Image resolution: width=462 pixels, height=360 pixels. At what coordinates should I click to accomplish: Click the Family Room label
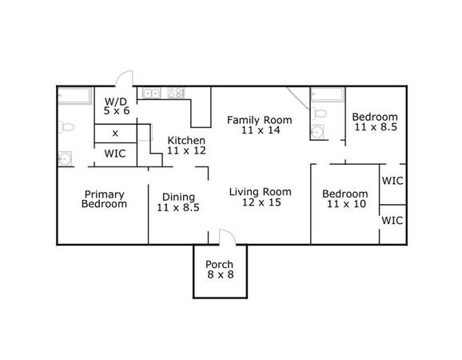pos(260,120)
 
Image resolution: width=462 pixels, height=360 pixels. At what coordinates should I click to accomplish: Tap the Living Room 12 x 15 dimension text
pos(261,202)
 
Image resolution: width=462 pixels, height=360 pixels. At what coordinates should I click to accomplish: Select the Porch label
pos(219,265)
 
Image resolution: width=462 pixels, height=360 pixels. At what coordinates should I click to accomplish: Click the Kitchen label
pos(186,140)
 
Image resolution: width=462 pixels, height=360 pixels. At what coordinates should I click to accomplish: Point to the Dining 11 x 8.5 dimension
pos(178,207)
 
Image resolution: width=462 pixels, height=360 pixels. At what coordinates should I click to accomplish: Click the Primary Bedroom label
pos(104,199)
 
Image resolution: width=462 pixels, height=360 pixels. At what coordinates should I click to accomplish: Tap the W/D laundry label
pos(116,102)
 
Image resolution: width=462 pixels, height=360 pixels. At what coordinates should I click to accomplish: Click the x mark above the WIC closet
pos(115,134)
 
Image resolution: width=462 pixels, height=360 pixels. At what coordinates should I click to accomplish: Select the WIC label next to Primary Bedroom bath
pos(115,154)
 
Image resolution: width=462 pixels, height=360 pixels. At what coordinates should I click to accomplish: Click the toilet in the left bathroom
pos(66,127)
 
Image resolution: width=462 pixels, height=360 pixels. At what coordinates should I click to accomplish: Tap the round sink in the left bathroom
pos(65,159)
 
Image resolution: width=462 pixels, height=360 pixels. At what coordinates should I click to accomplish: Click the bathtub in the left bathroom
pos(74,95)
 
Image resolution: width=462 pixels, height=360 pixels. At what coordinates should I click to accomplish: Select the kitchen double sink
pos(151,93)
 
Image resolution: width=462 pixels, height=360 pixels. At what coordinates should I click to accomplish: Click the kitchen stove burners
pos(176,93)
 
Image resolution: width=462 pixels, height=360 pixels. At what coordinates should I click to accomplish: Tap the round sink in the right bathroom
pos(317,132)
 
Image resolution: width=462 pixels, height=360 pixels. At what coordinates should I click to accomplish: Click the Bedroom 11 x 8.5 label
pos(375,122)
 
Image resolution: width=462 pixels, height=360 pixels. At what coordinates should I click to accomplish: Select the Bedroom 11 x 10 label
pos(345,198)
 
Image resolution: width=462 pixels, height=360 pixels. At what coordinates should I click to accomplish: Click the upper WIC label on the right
pos(392,181)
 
